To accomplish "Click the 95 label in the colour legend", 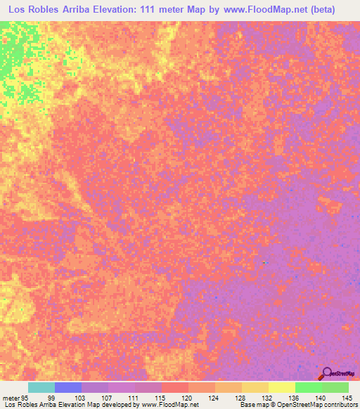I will (24, 398).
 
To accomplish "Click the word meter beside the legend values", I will (9, 398).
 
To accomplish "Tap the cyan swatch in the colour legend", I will (41, 387).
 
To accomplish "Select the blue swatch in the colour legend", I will (68, 387).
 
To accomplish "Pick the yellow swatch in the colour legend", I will (281, 387).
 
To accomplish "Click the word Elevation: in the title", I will (127, 9).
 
